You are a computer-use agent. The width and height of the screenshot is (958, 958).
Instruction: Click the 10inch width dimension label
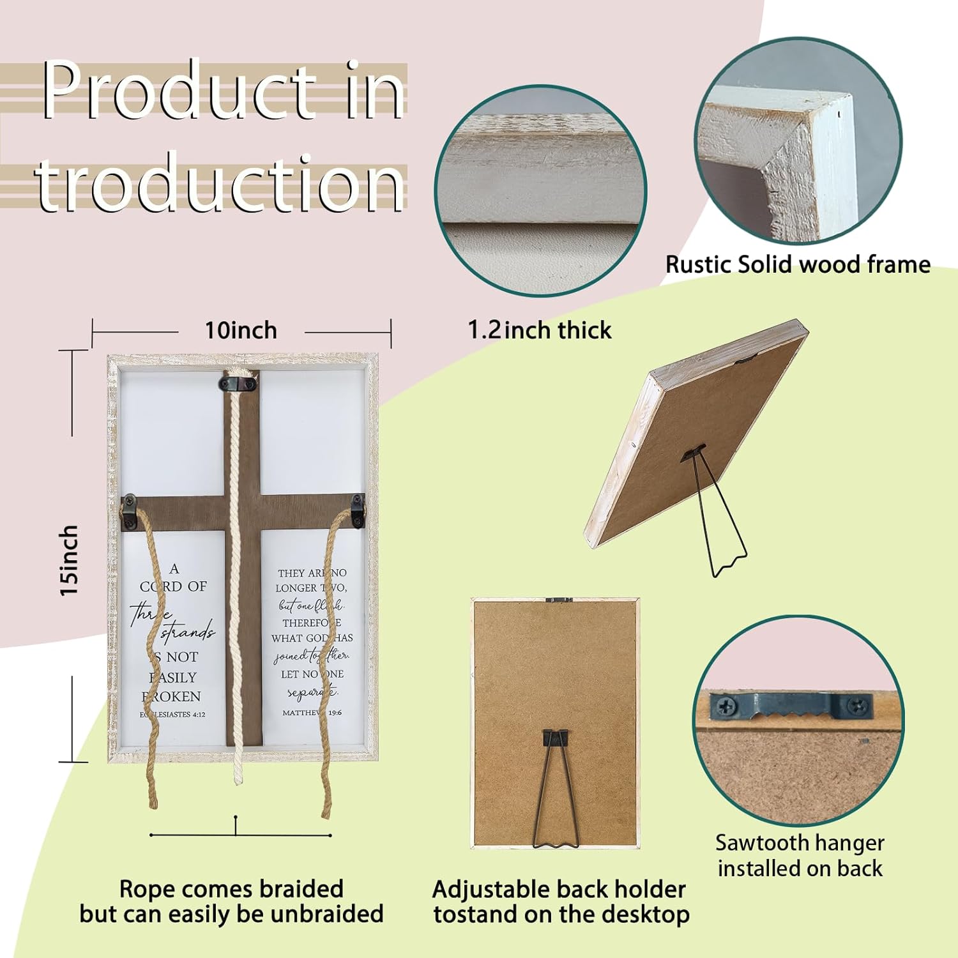coord(241,331)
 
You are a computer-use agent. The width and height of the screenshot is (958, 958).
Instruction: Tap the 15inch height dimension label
coord(69,561)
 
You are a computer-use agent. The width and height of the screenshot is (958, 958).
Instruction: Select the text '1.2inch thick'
coord(540,330)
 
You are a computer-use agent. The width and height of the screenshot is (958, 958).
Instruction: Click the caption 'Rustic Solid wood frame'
coord(798,264)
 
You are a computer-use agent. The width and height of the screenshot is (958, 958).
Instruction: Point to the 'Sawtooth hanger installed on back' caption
coord(800,856)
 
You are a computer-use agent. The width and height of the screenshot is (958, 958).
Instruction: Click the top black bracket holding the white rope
coord(238,384)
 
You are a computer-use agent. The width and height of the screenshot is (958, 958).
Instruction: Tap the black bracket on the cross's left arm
coord(130,511)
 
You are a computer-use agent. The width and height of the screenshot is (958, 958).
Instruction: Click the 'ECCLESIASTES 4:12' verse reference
coord(173,715)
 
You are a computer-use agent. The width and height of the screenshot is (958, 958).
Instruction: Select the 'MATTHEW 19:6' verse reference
coord(312,712)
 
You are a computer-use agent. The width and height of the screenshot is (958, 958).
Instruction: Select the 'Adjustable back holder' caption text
coord(559,889)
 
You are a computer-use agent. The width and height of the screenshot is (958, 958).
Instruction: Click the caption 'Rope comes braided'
coord(231,889)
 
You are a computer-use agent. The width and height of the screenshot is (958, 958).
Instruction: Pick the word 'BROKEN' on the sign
coord(172,696)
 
